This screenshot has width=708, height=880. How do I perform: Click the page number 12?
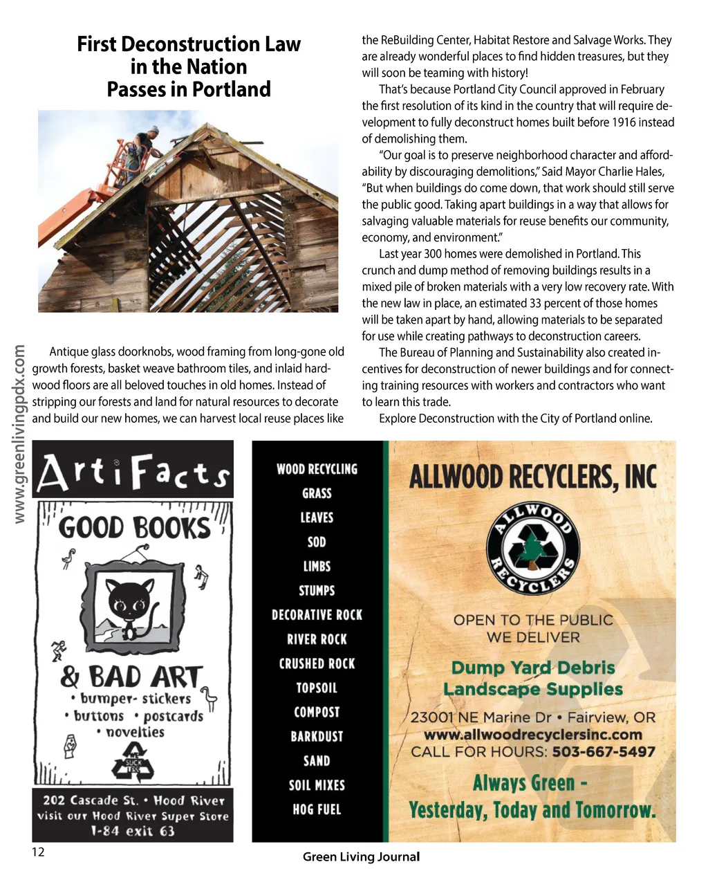[x=38, y=852]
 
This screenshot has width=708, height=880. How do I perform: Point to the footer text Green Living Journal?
[x=361, y=856]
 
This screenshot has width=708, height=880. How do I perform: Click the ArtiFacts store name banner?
[x=133, y=470]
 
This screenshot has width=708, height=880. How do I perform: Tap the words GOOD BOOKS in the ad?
[x=134, y=529]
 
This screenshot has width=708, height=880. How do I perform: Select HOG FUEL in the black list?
[x=317, y=809]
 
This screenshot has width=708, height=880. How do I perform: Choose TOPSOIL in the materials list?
[x=317, y=688]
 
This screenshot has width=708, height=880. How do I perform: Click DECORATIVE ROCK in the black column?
[x=317, y=615]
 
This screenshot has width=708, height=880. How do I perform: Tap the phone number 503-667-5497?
[x=604, y=752]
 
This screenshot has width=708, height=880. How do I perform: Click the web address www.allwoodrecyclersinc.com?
[x=532, y=735]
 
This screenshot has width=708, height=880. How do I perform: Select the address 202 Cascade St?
[x=90, y=800]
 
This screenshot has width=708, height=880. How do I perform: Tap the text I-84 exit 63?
[x=133, y=831]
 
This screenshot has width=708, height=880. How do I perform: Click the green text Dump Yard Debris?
[x=532, y=668]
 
